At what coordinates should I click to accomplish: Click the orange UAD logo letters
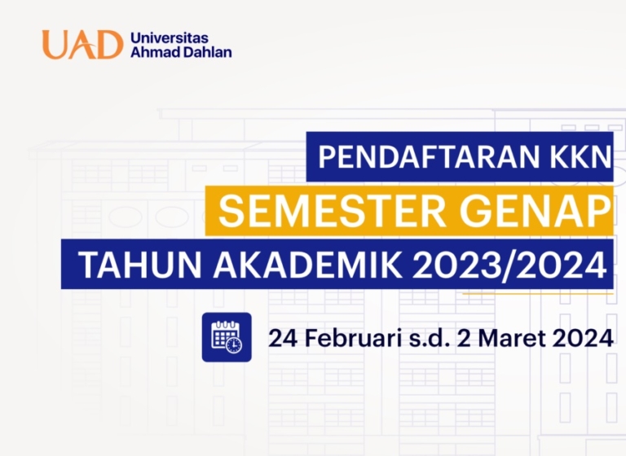[82, 45]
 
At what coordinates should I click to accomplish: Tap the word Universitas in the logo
[169, 37]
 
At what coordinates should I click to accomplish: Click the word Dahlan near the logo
[208, 53]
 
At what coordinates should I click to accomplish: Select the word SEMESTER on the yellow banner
[332, 211]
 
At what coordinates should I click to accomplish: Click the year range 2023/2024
[503, 265]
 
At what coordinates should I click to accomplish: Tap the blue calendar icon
[226, 336]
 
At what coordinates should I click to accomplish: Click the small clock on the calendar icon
[235, 345]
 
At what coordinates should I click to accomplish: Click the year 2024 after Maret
[582, 336]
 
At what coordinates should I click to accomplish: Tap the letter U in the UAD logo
[57, 45]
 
